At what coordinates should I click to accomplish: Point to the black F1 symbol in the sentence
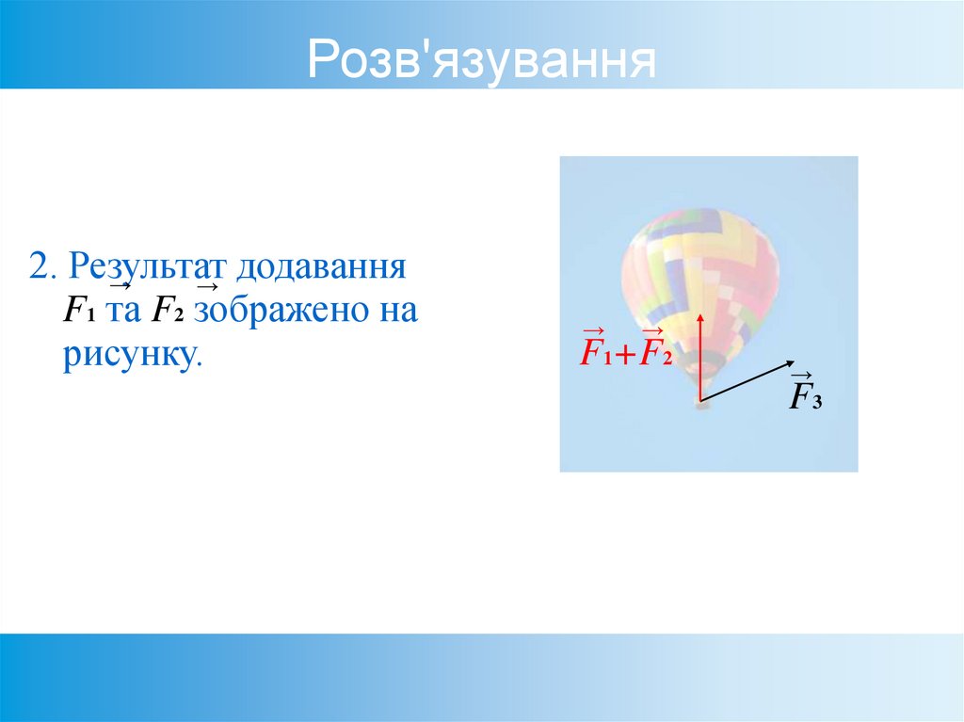(74, 312)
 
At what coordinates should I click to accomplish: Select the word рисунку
(133, 357)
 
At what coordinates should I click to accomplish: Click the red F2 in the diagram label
(653, 352)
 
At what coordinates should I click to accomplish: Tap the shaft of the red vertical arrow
(700, 362)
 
